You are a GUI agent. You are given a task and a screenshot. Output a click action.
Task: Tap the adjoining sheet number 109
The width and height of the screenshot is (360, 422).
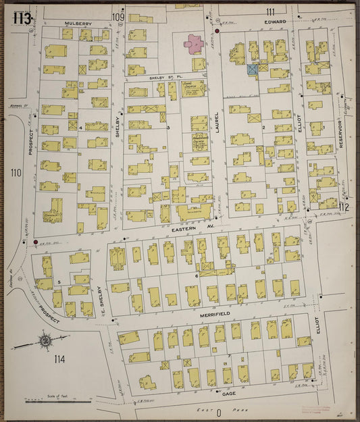pyautogui.click(x=118, y=16)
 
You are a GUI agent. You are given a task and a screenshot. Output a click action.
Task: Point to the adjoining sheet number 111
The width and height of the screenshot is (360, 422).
pyautogui.click(x=270, y=11)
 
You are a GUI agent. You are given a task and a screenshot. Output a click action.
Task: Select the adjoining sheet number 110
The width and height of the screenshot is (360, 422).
pyautogui.click(x=16, y=173)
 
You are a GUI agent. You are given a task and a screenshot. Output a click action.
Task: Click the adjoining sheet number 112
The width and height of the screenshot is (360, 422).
pyautogui.click(x=344, y=207)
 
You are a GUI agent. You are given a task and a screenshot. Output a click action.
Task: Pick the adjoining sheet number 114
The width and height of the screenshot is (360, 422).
pyautogui.click(x=60, y=358)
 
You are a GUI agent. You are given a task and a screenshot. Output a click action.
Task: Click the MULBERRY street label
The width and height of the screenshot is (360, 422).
pyautogui.click(x=78, y=23)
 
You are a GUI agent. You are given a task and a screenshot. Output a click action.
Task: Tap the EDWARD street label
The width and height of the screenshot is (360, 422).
pyautogui.click(x=276, y=22)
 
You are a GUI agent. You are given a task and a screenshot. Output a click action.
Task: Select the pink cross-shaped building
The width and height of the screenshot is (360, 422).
pyautogui.click(x=194, y=45)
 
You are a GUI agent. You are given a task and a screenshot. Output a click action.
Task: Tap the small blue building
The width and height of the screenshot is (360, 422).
pyautogui.click(x=253, y=69)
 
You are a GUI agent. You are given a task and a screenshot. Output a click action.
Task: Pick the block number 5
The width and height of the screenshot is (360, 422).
pyautogui.click(x=59, y=282)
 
